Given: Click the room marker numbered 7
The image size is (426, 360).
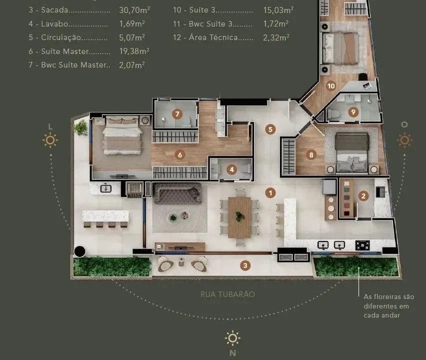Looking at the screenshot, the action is pos(177,114).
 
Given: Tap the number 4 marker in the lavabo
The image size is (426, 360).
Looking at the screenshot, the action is pos(231,170).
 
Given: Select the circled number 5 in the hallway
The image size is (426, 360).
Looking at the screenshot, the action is pos(270,129).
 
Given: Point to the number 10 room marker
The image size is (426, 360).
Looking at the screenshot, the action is pos(331,86).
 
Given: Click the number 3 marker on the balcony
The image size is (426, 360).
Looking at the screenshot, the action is pos(245,265).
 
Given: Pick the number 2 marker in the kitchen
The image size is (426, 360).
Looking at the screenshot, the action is pos(363,196).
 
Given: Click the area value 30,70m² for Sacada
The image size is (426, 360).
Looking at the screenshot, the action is pos(134,10).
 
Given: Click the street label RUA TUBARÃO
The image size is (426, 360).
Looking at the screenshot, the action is pos(227,294).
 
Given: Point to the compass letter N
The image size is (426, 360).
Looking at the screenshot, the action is pos(232,353).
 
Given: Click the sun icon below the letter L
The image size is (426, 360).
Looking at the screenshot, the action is pos(50,140).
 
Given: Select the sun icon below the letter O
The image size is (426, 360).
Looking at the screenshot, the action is pos(404,140).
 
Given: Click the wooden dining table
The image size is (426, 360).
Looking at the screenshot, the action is pos(239,217).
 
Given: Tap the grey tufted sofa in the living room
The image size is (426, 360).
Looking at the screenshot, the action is pos(177,193).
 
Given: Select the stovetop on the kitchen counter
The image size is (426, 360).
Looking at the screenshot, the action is pos(362,245).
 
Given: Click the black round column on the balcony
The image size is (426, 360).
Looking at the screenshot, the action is pos(80,251).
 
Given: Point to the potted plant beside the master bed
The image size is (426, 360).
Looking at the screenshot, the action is pos(81,127).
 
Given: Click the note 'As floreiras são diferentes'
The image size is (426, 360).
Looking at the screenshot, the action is pos(389,301).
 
